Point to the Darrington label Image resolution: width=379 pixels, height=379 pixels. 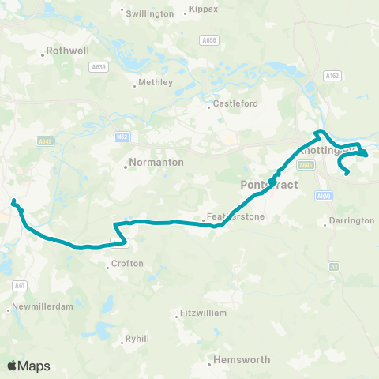pos(351,220)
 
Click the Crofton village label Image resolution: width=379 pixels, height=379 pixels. pos(127,264)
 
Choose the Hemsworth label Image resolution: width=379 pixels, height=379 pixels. pos(243,359)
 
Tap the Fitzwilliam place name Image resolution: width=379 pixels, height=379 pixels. pos(204,313)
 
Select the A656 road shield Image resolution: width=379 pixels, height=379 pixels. pos(208,39)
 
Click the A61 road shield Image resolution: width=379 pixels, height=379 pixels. pos(19,285)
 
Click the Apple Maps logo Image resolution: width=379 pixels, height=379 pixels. pos(28,366)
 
